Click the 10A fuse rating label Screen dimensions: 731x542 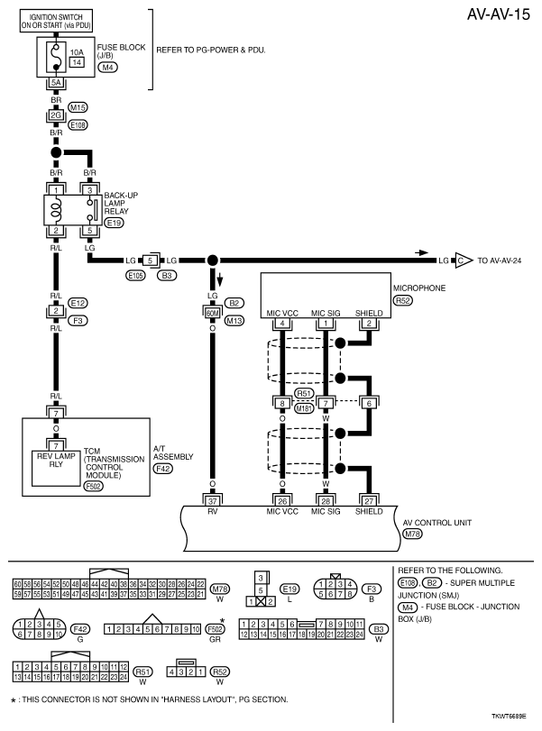click(77, 53)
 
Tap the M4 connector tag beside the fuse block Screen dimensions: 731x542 click(107, 68)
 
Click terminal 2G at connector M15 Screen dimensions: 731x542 click(55, 114)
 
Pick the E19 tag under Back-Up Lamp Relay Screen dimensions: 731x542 click(114, 222)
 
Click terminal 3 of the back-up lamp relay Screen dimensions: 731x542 click(89, 189)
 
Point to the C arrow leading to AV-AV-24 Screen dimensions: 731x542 click(462, 260)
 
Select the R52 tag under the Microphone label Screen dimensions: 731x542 click(402, 300)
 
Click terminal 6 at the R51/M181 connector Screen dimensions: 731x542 click(368, 403)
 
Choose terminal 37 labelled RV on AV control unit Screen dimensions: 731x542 click(214, 501)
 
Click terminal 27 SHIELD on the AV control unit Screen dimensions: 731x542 click(368, 501)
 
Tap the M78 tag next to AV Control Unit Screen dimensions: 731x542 click(412, 535)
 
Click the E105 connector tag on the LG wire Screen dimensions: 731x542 click(135, 274)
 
